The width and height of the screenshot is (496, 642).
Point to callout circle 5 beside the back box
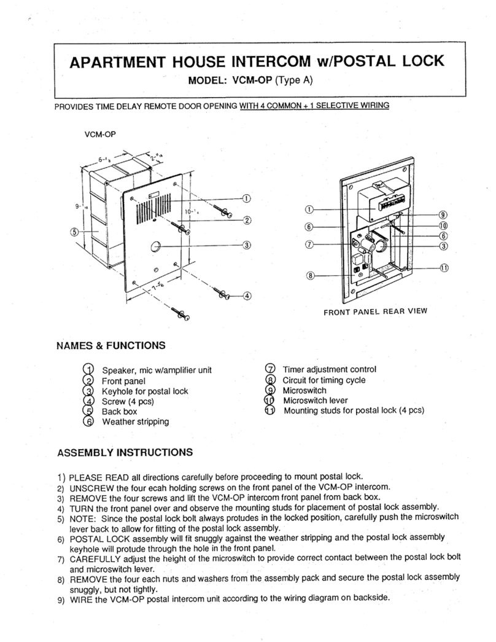pos(74,232)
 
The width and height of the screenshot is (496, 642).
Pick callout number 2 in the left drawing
pos(247,220)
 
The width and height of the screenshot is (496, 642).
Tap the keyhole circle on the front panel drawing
pos(156,247)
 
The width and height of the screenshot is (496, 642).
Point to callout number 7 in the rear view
pos(311,245)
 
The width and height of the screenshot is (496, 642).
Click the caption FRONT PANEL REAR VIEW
pos(374,311)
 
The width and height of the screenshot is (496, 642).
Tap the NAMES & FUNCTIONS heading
pos(110,345)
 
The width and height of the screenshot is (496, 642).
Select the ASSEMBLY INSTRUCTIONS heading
pos(125,453)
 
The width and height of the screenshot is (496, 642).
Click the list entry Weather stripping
pos(135,422)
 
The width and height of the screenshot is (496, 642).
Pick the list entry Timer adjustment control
pos(329,369)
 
